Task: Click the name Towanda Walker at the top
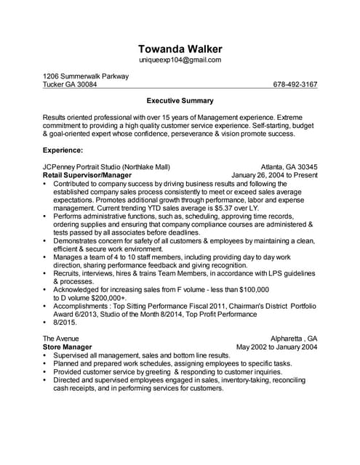point(180,48)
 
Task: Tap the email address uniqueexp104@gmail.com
point(180,60)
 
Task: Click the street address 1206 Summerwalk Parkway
point(86,76)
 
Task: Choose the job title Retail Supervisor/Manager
point(87,175)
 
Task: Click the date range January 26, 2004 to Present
point(274,175)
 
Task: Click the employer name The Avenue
point(61,339)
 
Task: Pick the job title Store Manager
point(67,347)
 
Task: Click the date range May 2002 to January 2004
point(277,347)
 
